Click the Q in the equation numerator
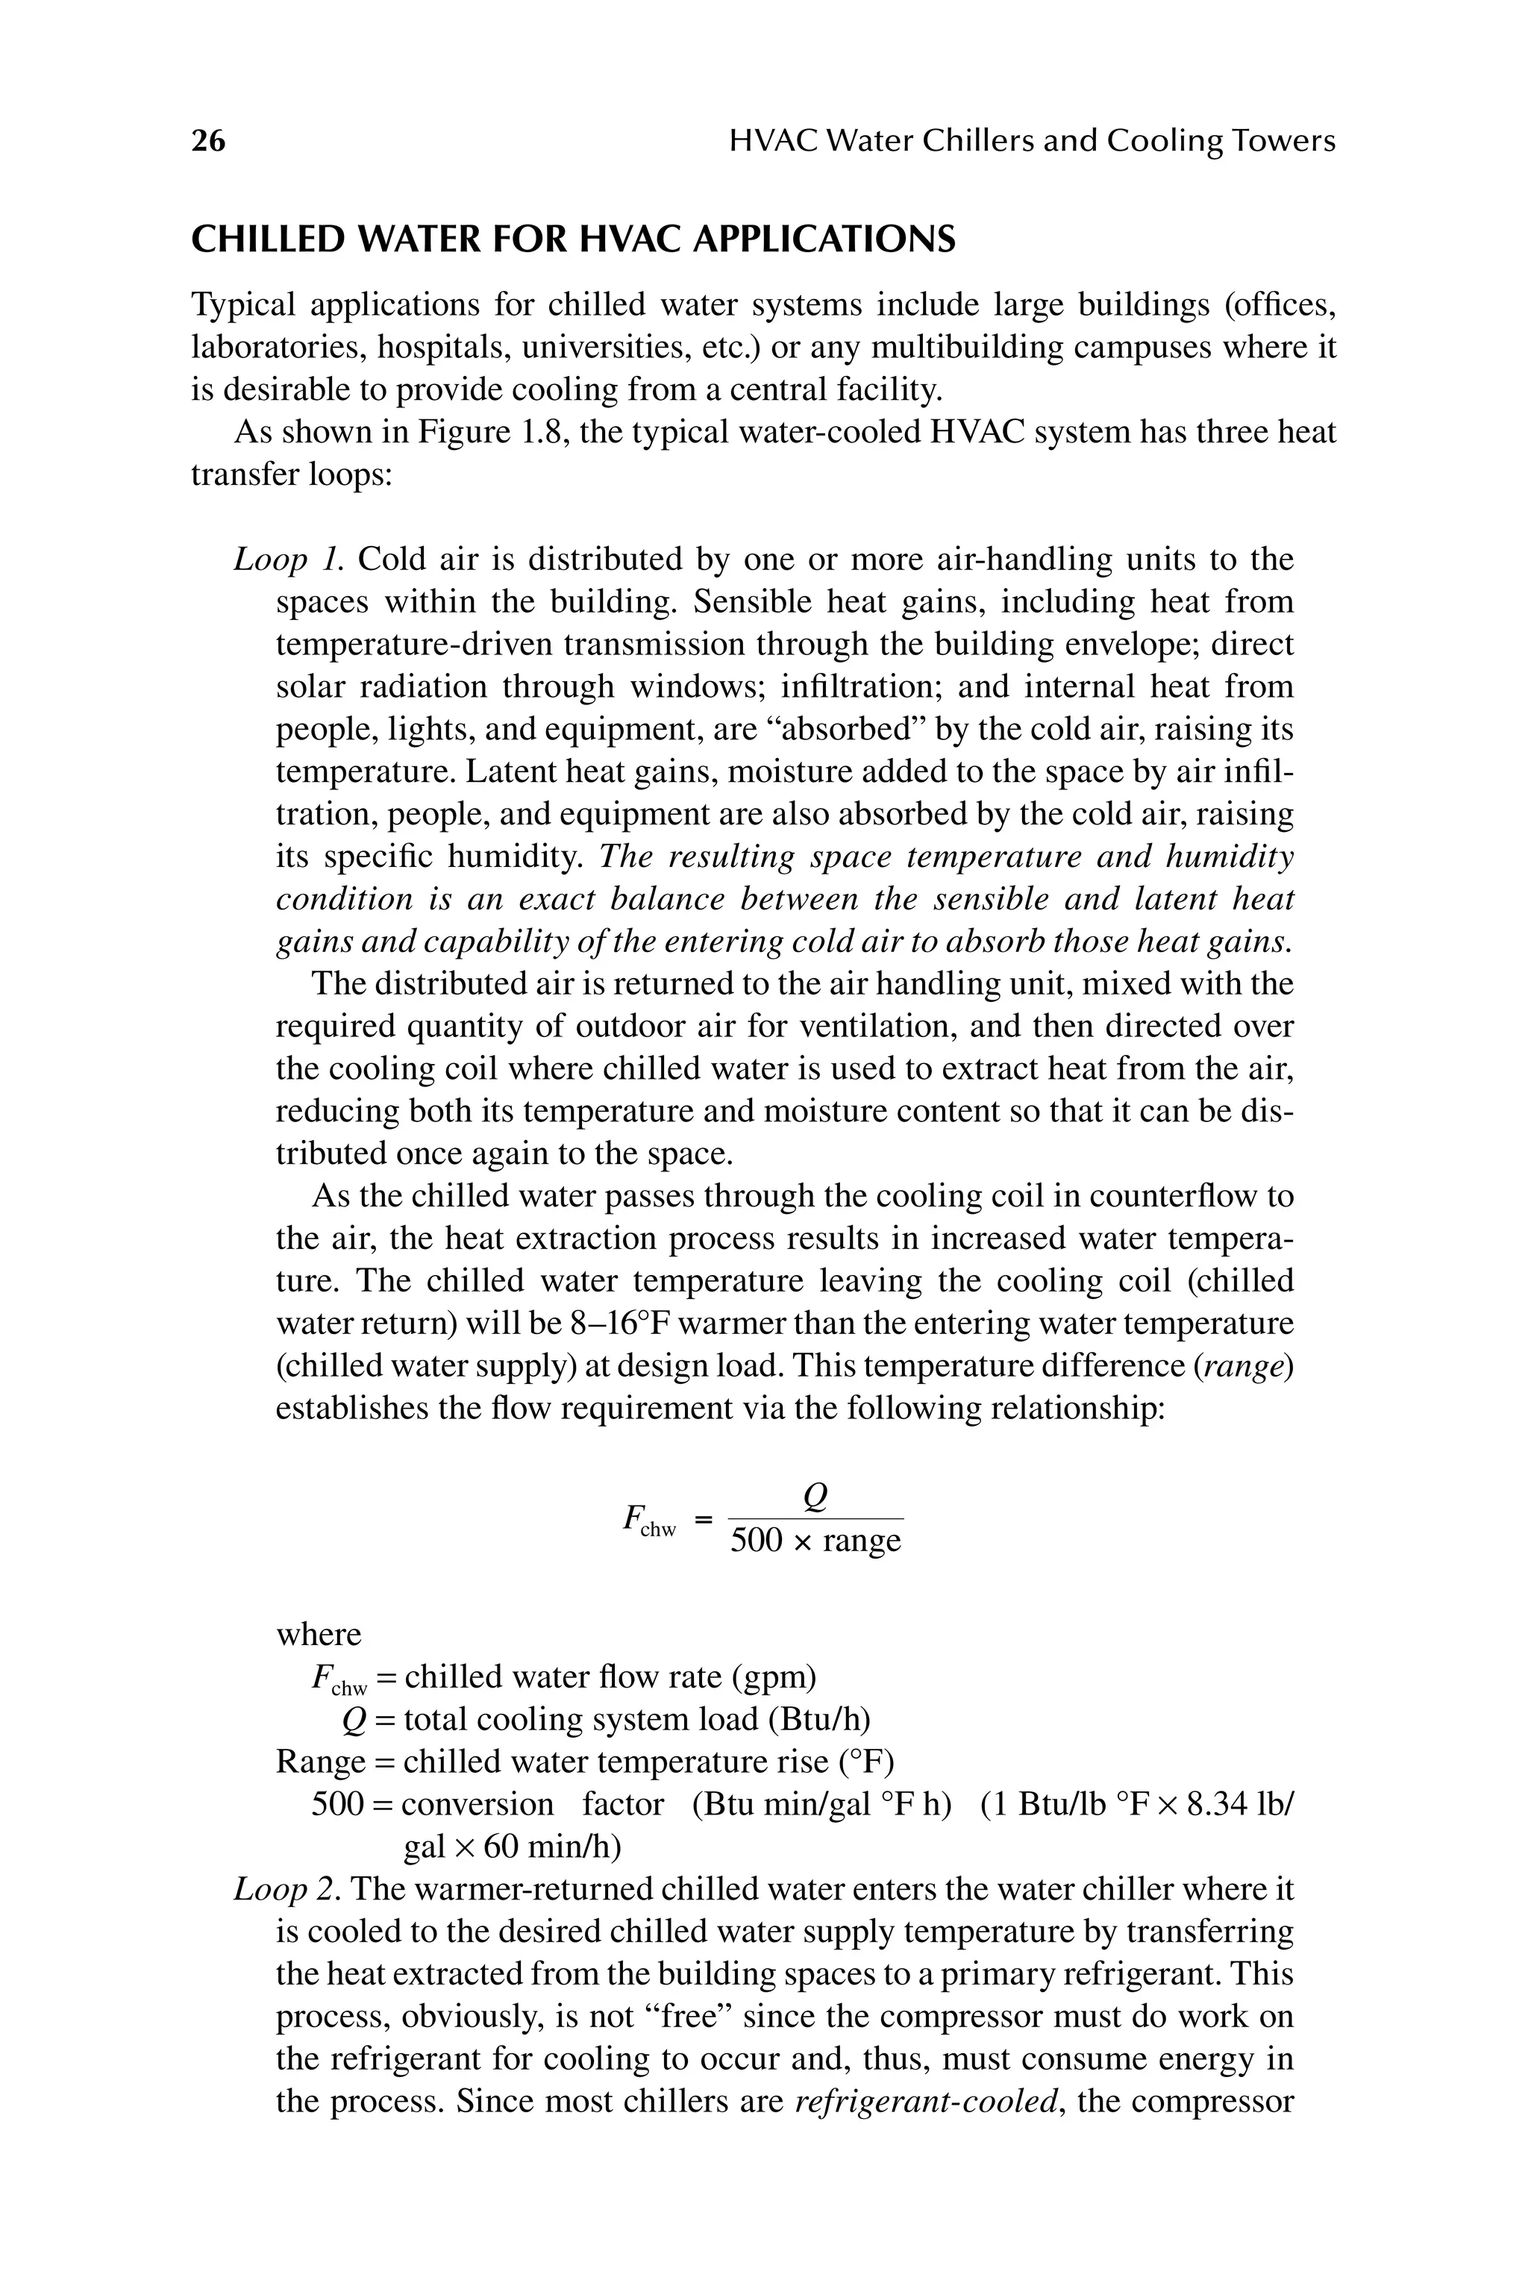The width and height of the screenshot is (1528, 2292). pyautogui.click(x=815, y=1496)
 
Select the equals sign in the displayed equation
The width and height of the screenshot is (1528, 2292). pyautogui.click(x=704, y=1518)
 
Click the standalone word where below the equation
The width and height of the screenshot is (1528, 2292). pyautogui.click(x=318, y=1634)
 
